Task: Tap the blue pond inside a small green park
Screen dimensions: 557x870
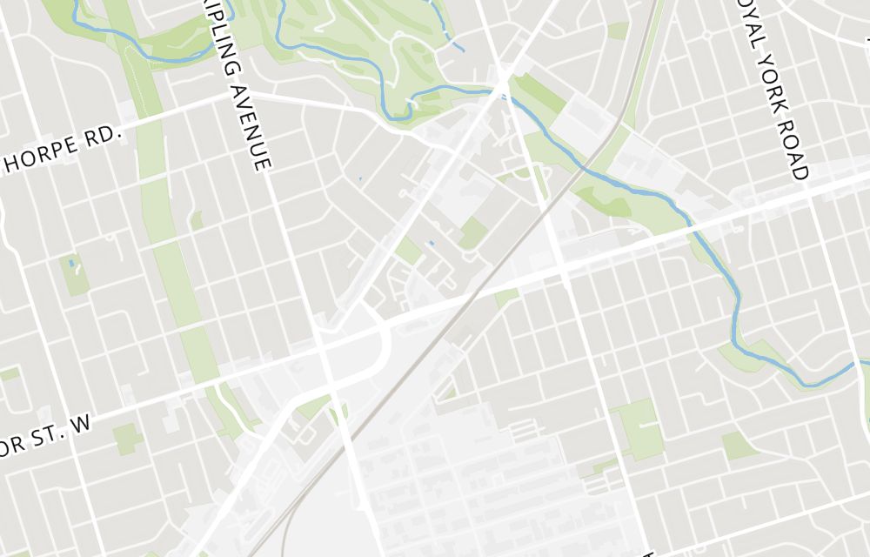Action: (x=71, y=263)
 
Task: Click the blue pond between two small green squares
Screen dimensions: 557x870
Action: (x=431, y=243)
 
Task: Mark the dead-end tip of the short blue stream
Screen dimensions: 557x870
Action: (x=462, y=50)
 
